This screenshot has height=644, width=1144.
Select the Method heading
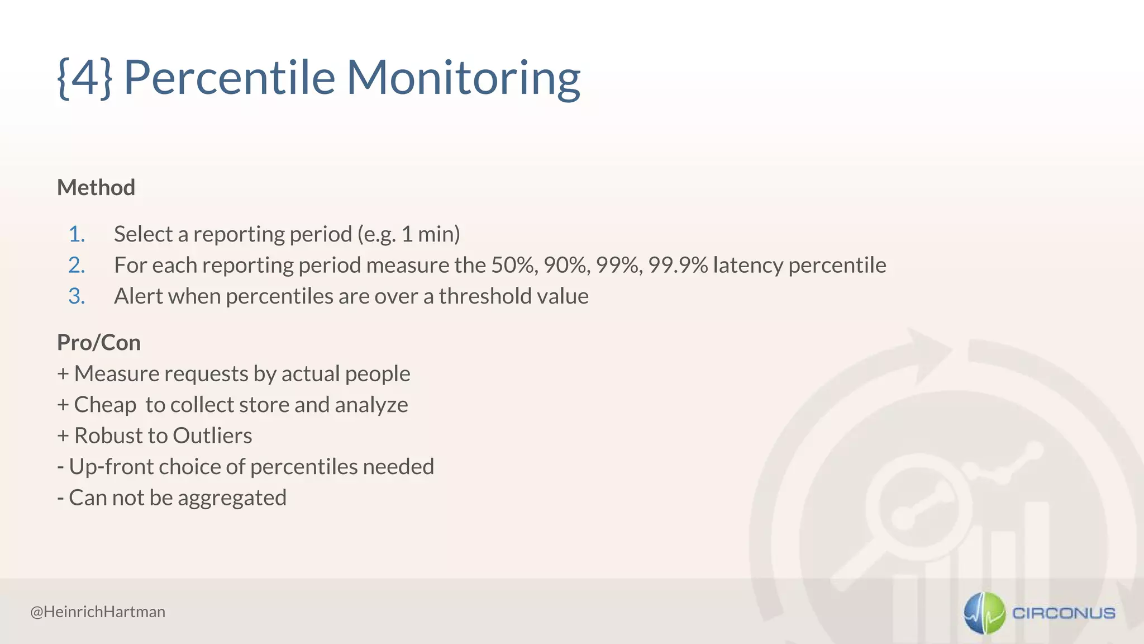pyautogui.click(x=96, y=187)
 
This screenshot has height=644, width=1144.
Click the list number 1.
pyautogui.click(x=77, y=234)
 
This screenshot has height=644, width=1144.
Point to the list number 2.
pyautogui.click(x=77, y=265)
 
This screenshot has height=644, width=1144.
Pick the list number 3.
pyautogui.click(x=77, y=296)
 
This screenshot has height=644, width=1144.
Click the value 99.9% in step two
pyautogui.click(x=678, y=265)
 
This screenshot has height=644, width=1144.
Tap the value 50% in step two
pyautogui.click(x=513, y=265)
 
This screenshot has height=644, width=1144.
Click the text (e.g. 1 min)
pyautogui.click(x=408, y=234)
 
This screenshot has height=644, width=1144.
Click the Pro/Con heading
pyautogui.click(x=99, y=343)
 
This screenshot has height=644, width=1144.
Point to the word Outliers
pyautogui.click(x=212, y=435)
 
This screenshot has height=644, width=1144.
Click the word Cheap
pyautogui.click(x=105, y=405)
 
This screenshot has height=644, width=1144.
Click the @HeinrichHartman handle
pyautogui.click(x=98, y=612)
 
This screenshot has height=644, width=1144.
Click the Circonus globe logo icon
pyautogui.click(x=984, y=613)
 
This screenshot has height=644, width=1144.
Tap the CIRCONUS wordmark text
pyautogui.click(x=1064, y=613)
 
